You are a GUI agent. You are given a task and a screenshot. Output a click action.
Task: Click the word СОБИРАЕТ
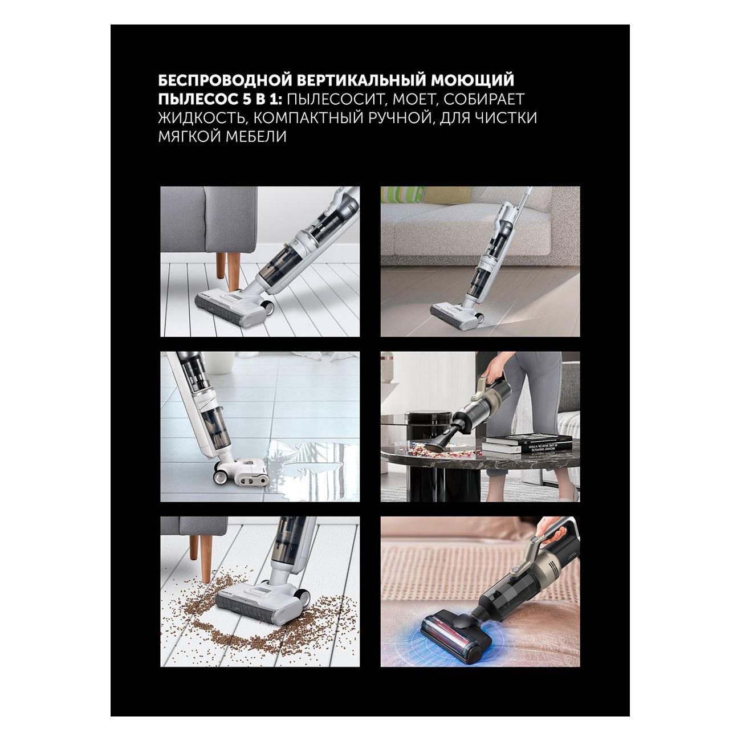pyautogui.click(x=482, y=100)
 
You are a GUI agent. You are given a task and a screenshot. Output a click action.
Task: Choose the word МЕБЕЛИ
pyautogui.click(x=256, y=136)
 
